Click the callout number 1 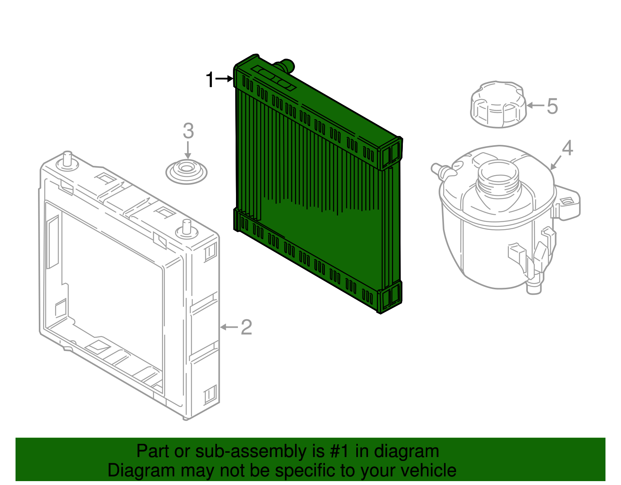[x=210, y=80]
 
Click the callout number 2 [x=246, y=327]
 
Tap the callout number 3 [x=188, y=131]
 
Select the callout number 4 [x=567, y=148]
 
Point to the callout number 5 [x=552, y=106]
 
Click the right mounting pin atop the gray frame [x=187, y=227]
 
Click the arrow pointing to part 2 [x=229, y=327]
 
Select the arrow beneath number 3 [x=188, y=150]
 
